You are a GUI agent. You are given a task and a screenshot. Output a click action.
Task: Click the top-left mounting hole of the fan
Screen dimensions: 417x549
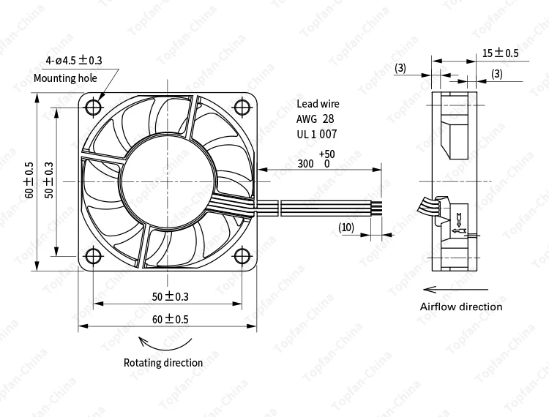pyautogui.click(x=94, y=107)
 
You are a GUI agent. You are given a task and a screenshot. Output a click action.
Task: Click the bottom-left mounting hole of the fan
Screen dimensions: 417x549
pyautogui.click(x=94, y=256)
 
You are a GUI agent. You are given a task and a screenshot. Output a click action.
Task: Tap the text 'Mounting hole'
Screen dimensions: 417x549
pyautogui.click(x=65, y=78)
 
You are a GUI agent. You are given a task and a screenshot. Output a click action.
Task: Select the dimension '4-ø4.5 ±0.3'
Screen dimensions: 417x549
pyautogui.click(x=75, y=60)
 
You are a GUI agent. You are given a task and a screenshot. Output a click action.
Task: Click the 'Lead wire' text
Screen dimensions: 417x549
pyautogui.click(x=318, y=104)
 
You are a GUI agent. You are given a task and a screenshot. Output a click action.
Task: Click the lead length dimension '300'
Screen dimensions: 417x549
pyautogui.click(x=306, y=164)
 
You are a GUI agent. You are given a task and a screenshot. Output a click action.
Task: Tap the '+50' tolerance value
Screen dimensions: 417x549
pyautogui.click(x=326, y=154)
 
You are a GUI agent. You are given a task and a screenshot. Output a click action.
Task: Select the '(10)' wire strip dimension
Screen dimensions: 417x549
pyautogui.click(x=346, y=228)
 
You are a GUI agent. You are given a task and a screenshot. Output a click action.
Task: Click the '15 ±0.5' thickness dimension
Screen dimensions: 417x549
pyautogui.click(x=500, y=53)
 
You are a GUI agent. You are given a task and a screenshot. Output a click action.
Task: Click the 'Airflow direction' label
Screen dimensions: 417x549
pyautogui.click(x=461, y=307)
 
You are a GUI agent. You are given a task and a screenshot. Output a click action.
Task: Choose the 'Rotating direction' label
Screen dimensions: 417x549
pyautogui.click(x=163, y=362)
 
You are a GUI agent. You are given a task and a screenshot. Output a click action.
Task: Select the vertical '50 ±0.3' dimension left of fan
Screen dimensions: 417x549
pyautogui.click(x=49, y=180)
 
